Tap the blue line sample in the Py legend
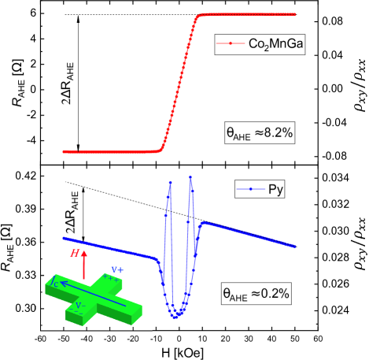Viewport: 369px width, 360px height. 250,189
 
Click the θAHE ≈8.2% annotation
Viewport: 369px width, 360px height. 259,134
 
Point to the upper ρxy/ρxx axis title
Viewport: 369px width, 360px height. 358,83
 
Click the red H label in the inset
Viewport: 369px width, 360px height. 74,254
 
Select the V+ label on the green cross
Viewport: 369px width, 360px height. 116,270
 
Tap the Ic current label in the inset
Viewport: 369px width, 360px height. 53,279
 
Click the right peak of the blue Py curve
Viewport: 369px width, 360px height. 190,178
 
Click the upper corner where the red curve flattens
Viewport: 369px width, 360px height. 198,15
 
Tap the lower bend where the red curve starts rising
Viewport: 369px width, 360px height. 161,148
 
